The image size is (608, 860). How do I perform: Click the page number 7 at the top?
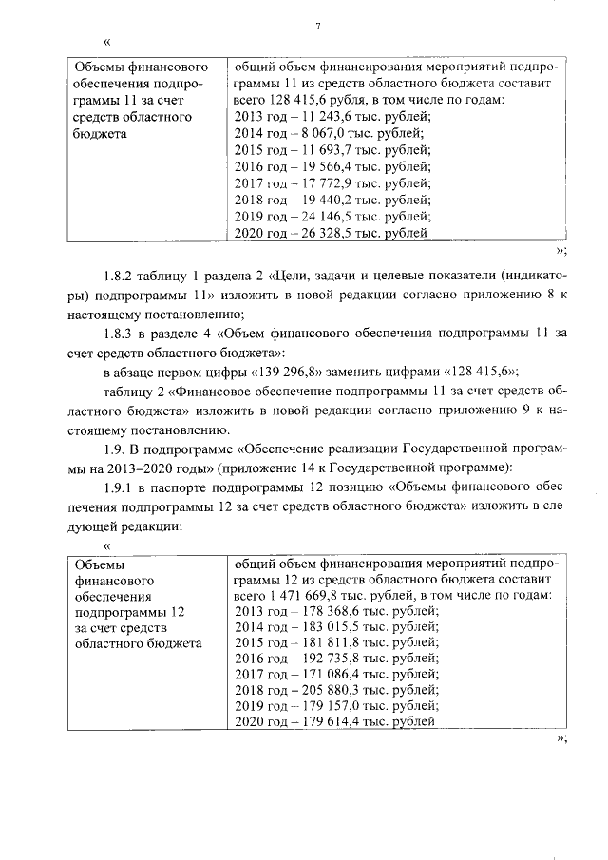[317, 26]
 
